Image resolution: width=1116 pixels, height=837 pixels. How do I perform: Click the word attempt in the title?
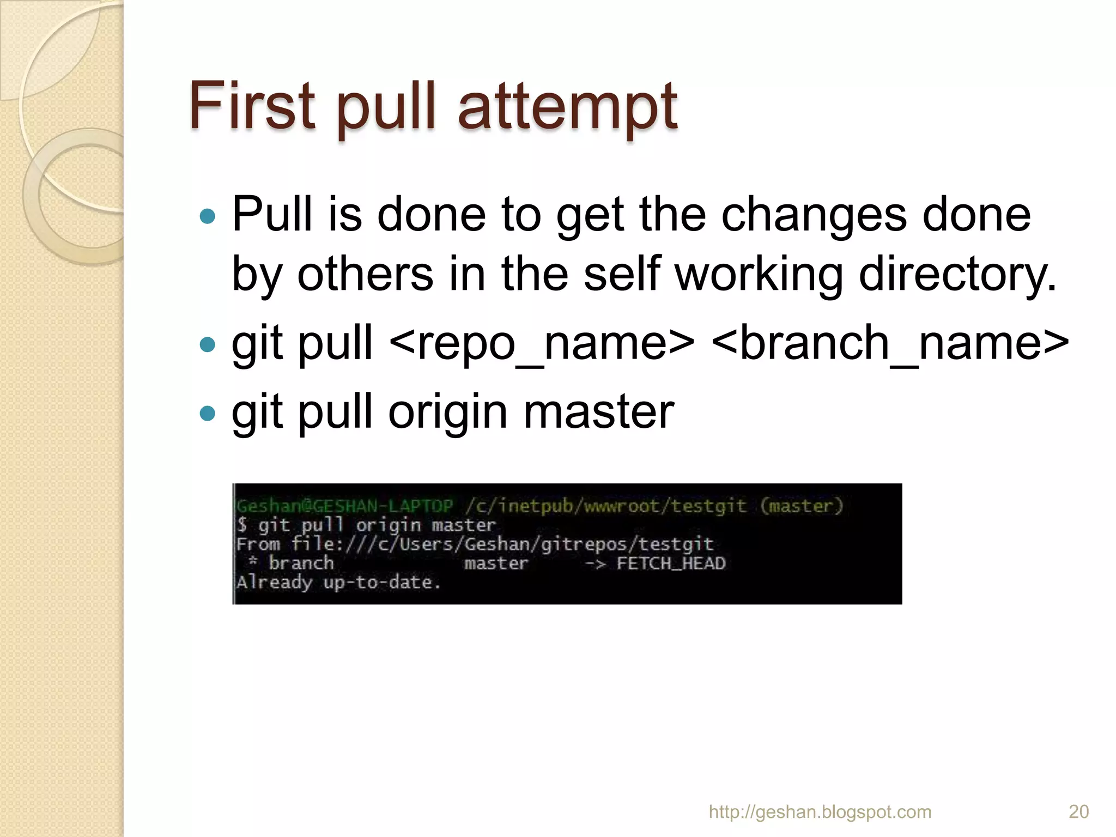(x=567, y=107)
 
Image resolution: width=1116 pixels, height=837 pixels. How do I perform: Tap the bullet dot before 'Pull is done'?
(x=208, y=216)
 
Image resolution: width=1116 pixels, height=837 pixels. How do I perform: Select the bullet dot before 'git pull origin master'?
(x=208, y=413)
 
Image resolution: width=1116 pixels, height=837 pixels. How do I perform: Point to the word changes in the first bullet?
(x=815, y=214)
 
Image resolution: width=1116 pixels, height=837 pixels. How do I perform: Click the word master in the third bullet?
(x=599, y=412)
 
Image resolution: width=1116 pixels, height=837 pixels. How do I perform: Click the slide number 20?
(x=1078, y=811)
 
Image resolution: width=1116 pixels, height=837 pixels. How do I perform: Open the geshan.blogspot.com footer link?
(x=820, y=812)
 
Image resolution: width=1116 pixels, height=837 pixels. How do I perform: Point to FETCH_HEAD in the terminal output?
(x=671, y=563)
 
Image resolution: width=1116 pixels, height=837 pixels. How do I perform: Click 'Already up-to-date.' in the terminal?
(x=338, y=583)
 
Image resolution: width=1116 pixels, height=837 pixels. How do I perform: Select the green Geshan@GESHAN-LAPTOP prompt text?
(x=344, y=506)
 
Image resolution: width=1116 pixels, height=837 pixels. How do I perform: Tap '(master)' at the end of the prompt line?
(x=802, y=506)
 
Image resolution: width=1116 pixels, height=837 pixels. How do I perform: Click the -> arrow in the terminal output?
(x=595, y=563)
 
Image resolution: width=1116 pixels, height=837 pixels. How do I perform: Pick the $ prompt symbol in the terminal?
(x=242, y=525)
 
